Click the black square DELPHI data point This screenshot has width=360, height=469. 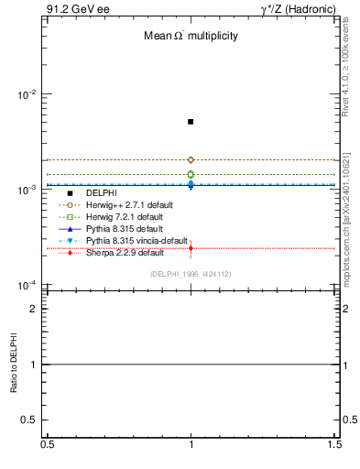[191, 121]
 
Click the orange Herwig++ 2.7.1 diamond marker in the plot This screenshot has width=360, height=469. [191, 159]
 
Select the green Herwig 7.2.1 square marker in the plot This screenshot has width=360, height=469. [191, 174]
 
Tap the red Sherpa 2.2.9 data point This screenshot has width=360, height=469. [191, 247]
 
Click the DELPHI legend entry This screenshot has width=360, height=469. [101, 193]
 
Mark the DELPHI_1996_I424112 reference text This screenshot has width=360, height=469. [191, 274]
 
